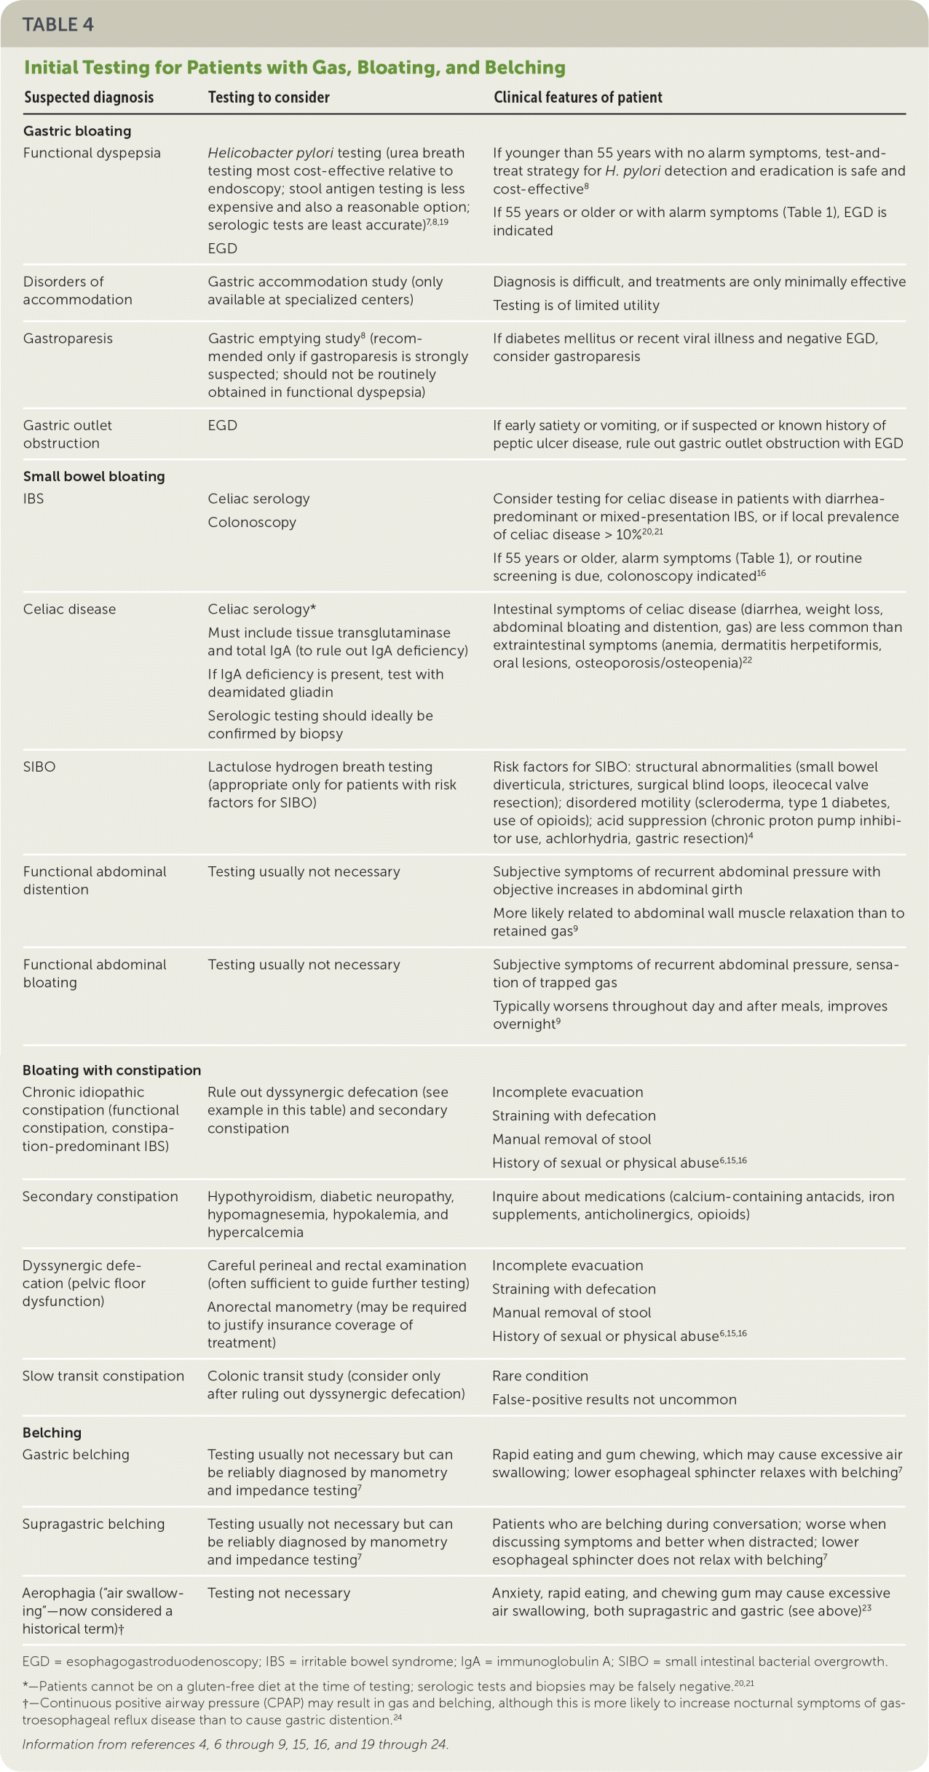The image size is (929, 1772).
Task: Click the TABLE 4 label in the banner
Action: click(58, 25)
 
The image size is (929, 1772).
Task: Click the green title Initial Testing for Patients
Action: click(294, 68)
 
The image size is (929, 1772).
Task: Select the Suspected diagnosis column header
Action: click(89, 98)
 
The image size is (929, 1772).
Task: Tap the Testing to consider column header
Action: click(269, 98)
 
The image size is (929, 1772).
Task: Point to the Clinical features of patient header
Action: click(578, 98)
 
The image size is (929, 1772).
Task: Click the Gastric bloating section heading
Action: click(77, 131)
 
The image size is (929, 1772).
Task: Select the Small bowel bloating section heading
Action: click(94, 477)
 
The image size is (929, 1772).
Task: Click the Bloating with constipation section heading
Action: click(111, 1070)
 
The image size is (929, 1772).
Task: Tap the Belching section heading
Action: click(52, 1433)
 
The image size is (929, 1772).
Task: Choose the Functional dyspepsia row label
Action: click(92, 153)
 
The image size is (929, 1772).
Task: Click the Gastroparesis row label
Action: click(68, 339)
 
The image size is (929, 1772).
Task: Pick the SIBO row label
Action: click(39, 767)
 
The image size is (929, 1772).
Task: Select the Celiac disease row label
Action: click(69, 609)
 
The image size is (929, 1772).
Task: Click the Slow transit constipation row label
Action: click(103, 1376)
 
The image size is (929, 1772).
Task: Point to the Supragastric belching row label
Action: click(93, 1524)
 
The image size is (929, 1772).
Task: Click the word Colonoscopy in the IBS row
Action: click(252, 522)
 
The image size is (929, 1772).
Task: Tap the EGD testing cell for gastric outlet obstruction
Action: click(222, 425)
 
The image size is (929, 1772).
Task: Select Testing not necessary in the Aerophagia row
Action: click(279, 1593)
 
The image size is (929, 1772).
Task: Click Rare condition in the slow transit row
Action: click(539, 1376)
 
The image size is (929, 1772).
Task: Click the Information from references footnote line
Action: click(235, 1744)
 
